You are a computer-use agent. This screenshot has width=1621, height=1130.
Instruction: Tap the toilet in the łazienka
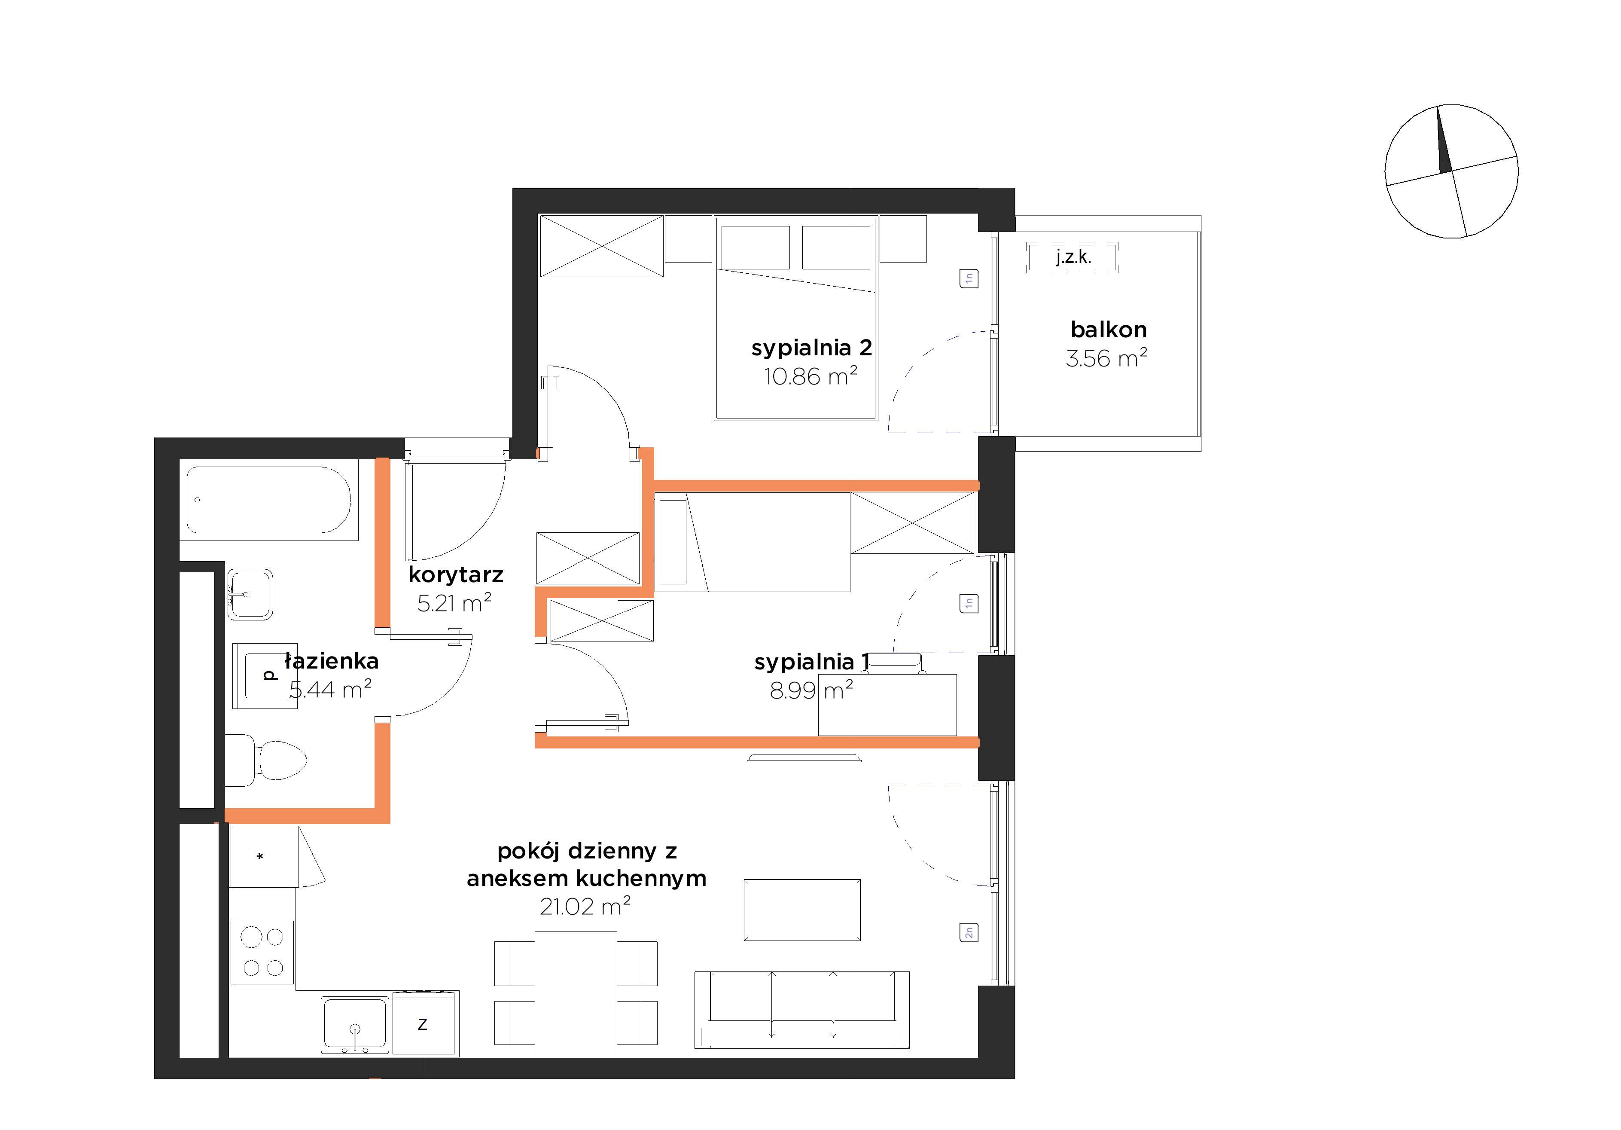pos(266,760)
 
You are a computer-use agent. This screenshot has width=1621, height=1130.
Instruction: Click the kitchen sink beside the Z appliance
pos(355,1025)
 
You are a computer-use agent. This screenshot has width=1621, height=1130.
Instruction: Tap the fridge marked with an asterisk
pos(261,856)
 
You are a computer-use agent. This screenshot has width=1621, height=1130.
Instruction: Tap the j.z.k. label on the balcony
pos(1073,257)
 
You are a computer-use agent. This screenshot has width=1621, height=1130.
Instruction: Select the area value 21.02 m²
pos(585,906)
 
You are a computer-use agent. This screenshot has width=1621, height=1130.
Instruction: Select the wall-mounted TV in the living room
pos(804,758)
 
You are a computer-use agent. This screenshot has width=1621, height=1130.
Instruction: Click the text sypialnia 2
pos(812,348)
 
